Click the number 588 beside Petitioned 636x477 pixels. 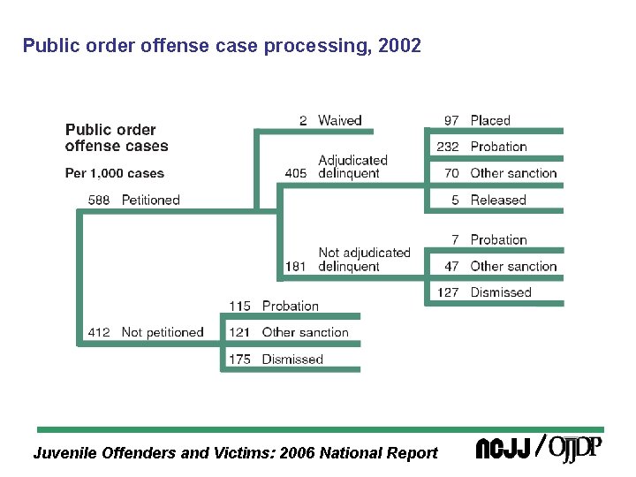(99, 200)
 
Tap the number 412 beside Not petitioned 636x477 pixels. (99, 332)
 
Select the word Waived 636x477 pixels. (340, 120)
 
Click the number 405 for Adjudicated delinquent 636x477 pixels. (296, 173)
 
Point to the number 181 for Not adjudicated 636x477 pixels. (296, 266)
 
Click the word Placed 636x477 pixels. (490, 120)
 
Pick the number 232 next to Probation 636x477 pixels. (448, 147)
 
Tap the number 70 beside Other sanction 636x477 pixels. (451, 173)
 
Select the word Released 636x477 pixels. (498, 200)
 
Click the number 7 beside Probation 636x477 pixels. (455, 239)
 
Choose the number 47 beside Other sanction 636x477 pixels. (451, 266)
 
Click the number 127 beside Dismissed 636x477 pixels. (448, 292)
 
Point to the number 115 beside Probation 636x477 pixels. (240, 306)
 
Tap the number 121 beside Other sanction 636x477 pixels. (240, 332)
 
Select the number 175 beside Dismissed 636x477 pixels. (240, 359)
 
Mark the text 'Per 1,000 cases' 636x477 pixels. (115, 173)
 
